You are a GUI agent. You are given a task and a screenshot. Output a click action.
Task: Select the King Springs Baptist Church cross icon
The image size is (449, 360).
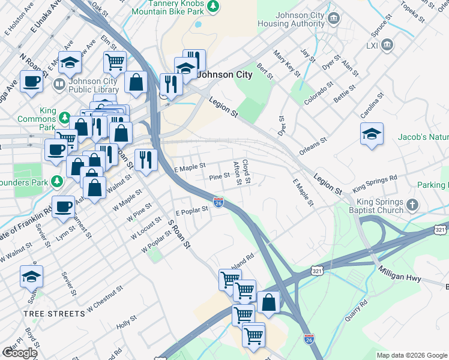pyautogui.click(x=412, y=205)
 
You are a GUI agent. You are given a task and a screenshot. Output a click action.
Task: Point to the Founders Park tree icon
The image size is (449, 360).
pyautogui.click(x=56, y=181)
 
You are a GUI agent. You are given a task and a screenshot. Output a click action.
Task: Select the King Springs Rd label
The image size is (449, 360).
pyautogui.click(x=375, y=182)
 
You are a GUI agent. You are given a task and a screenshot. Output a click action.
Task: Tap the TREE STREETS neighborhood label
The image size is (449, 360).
pyautogui.click(x=54, y=314)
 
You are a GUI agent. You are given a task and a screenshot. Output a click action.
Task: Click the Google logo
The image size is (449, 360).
pyautogui.click(x=19, y=353)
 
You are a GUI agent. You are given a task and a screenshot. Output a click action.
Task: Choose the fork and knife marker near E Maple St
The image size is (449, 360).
pyautogui.click(x=146, y=159)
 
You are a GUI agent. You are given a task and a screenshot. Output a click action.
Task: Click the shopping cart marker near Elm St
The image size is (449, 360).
pyautogui.click(x=114, y=61)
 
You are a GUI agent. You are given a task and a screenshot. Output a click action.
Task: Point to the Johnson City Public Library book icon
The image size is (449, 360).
pyautogui.click(x=59, y=83)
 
